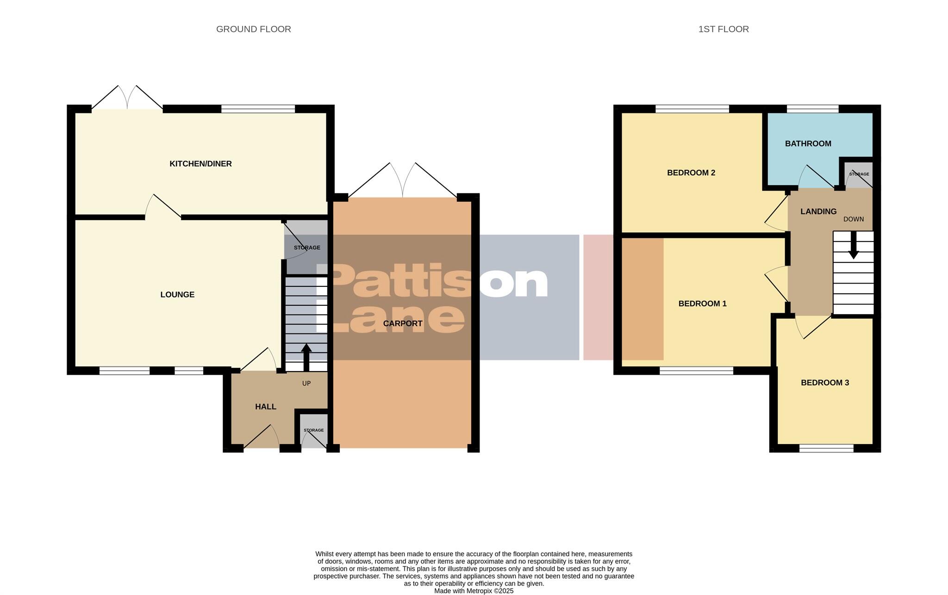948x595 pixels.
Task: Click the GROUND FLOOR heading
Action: coord(253,29)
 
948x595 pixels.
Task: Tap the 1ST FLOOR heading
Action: coord(723,29)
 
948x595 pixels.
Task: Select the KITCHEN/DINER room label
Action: coord(200,164)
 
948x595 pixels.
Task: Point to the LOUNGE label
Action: coord(177,295)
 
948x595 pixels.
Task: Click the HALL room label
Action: coord(266,407)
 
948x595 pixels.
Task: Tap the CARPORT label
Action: coord(403,323)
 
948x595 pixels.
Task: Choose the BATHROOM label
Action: coord(808,143)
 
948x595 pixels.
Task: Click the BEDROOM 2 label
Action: coord(691,173)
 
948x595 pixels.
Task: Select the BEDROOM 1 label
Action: coord(702,304)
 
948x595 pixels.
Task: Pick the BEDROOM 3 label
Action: coord(824,383)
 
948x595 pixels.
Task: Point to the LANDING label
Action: coord(818,211)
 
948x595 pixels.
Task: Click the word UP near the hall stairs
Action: coord(306,383)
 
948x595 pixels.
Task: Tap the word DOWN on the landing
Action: coord(853,219)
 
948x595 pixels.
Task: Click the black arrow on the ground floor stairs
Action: coord(306,356)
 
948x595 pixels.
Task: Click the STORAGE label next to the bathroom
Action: coord(859,174)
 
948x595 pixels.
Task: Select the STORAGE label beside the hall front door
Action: coord(313,430)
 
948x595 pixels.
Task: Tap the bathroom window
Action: coord(812,109)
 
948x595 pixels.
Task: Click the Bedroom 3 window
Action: coord(826,448)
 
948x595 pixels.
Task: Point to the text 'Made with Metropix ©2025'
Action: coord(474,591)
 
